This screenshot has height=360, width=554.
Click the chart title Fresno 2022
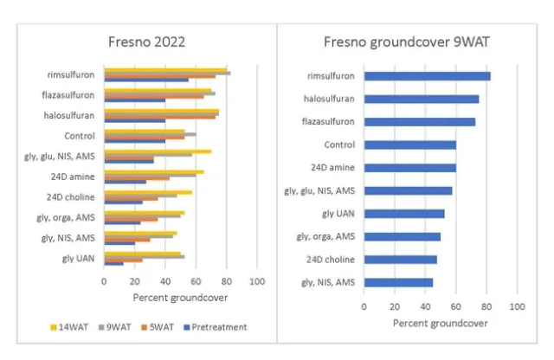(146, 42)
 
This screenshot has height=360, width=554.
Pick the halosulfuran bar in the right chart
(422, 99)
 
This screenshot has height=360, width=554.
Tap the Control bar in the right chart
(409, 145)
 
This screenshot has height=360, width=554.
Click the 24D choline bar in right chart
(400, 259)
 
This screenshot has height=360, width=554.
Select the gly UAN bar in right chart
(404, 213)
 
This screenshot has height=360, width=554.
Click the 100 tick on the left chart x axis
(256, 282)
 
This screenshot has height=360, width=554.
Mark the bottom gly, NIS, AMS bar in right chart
(398, 282)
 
